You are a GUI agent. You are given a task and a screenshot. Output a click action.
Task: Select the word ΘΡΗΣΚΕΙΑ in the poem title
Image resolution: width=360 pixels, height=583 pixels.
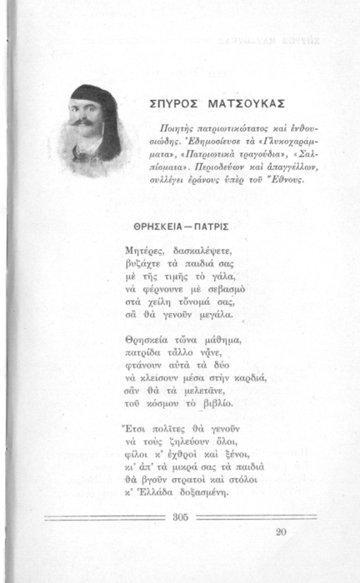pos(160,227)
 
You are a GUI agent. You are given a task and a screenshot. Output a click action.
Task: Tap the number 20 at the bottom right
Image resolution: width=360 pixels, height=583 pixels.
pos(280,531)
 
